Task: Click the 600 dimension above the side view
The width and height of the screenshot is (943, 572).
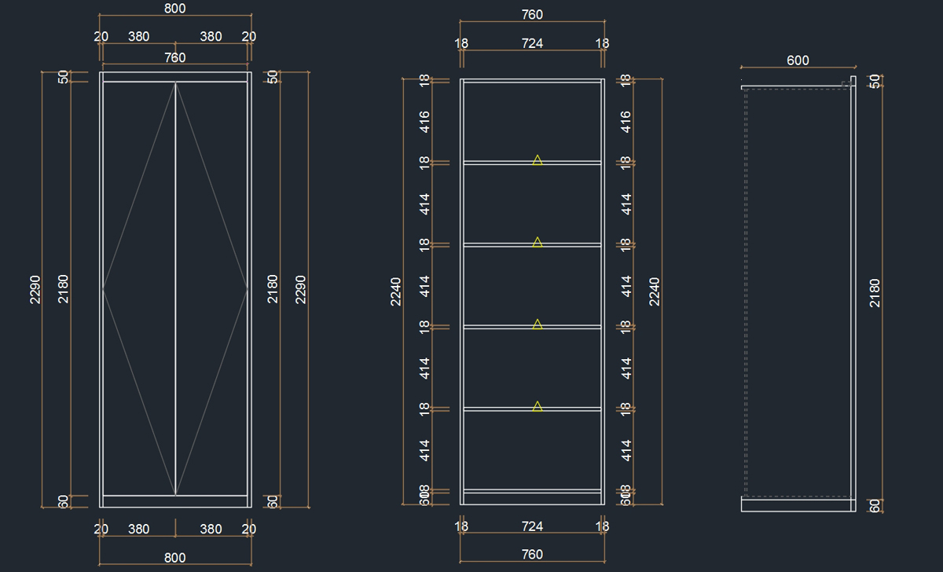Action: (x=798, y=60)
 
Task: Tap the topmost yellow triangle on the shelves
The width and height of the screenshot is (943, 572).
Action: (x=538, y=160)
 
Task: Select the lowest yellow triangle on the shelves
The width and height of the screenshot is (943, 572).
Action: (x=538, y=406)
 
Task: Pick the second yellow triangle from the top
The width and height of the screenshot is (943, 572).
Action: (x=538, y=242)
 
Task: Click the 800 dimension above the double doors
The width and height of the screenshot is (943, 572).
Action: (x=175, y=8)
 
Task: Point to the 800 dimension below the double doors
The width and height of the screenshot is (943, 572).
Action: (x=175, y=557)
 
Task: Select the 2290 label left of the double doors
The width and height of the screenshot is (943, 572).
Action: (x=35, y=289)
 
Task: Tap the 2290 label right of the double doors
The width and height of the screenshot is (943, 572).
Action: (x=300, y=289)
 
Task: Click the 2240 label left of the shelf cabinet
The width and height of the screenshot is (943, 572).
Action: (x=396, y=291)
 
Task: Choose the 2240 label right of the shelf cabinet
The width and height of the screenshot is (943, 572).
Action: (x=655, y=291)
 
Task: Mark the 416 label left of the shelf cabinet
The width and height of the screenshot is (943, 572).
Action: (x=424, y=121)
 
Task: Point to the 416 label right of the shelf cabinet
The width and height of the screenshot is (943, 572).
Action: (x=626, y=121)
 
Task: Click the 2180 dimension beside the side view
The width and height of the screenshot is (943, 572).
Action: (x=875, y=292)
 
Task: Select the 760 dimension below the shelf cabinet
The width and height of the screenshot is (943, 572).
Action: (x=532, y=554)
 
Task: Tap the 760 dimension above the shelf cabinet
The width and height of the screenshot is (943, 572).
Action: (x=532, y=14)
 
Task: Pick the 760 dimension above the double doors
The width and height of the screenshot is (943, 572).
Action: (x=175, y=57)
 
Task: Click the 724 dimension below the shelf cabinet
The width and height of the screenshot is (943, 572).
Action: (x=532, y=526)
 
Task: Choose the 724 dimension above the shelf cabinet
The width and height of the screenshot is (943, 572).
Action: (x=532, y=43)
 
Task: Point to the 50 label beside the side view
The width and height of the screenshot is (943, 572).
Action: (x=875, y=81)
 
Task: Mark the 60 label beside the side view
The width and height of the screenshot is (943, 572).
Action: (x=875, y=505)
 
